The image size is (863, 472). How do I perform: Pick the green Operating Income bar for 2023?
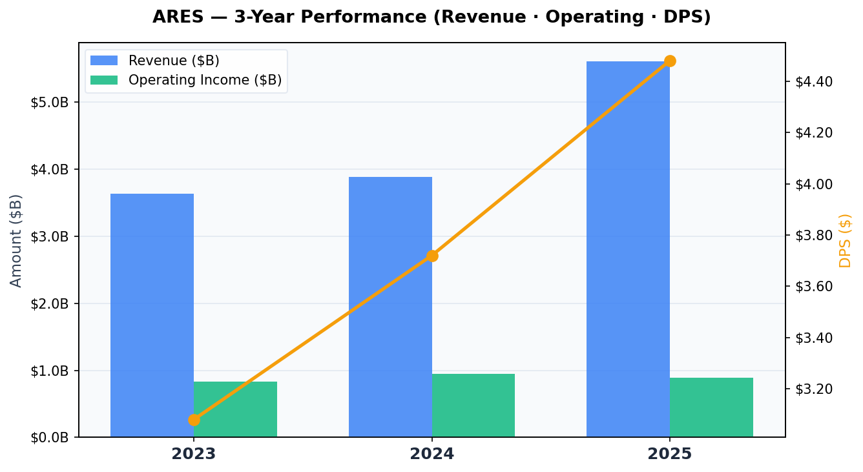click(x=235, y=409)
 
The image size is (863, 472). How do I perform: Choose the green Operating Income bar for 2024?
click(x=473, y=405)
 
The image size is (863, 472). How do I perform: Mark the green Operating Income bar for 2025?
click(x=711, y=407)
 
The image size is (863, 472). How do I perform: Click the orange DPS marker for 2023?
click(x=194, y=420)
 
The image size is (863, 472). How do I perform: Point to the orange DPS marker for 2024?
click(x=432, y=256)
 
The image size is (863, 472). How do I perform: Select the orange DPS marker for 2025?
click(x=670, y=61)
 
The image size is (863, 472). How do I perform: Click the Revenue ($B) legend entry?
click(x=174, y=61)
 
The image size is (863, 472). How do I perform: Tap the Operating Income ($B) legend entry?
click(x=205, y=80)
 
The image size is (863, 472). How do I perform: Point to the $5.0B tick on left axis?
click(x=50, y=103)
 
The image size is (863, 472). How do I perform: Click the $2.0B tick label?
click(x=50, y=303)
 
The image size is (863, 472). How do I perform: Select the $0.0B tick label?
click(x=50, y=438)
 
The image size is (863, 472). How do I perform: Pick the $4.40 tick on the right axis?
click(x=814, y=81)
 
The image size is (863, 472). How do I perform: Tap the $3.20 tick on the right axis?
click(x=814, y=389)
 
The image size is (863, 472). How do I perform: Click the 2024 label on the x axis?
click(x=432, y=454)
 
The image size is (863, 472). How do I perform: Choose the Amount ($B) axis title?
click(x=16, y=240)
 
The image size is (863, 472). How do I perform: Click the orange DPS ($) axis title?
click(x=846, y=240)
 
